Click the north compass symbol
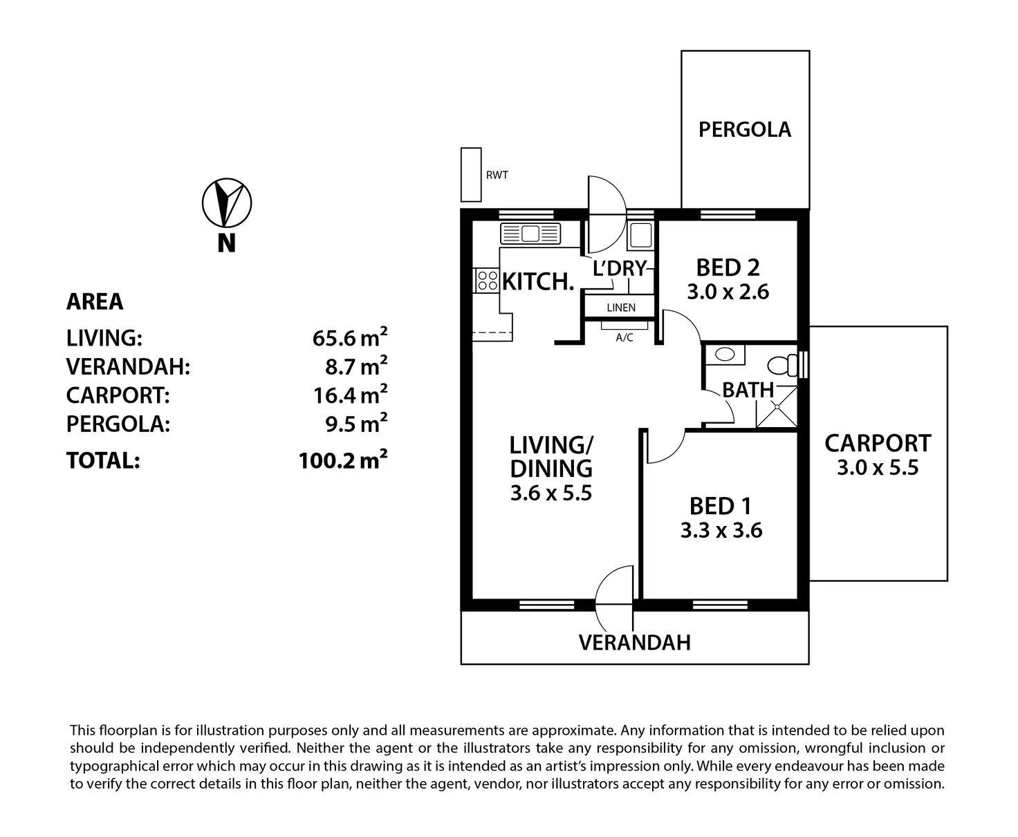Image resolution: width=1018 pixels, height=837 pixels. coord(226,203)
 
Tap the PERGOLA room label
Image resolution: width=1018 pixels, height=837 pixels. coord(744,129)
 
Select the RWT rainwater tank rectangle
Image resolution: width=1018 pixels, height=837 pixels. coord(471,175)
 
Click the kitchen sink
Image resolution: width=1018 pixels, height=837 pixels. coord(530,234)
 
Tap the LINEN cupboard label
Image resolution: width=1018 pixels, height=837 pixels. coord(620,308)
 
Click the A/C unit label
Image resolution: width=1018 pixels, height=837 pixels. coord(624,337)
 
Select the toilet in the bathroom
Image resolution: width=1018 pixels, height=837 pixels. coord(782,364)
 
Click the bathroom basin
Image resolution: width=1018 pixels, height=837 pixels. coord(724,355)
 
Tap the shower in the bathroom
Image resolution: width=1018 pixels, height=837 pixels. coord(776,408)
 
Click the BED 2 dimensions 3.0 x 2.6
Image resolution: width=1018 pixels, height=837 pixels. coord(728,292)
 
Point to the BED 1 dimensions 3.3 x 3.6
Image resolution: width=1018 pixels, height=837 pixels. coord(721,531)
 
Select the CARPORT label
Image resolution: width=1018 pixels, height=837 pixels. coord(877,443)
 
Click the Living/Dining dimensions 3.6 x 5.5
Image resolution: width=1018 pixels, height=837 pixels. coord(550,493)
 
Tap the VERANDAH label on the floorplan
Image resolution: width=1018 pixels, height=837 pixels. coord(634,643)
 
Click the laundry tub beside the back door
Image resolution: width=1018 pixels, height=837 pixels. coord(639,235)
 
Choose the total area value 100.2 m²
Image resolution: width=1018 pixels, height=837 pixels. coord(342,460)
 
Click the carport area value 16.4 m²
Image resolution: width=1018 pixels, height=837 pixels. coord(349,395)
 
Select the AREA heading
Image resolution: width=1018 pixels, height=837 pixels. coord(95,301)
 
